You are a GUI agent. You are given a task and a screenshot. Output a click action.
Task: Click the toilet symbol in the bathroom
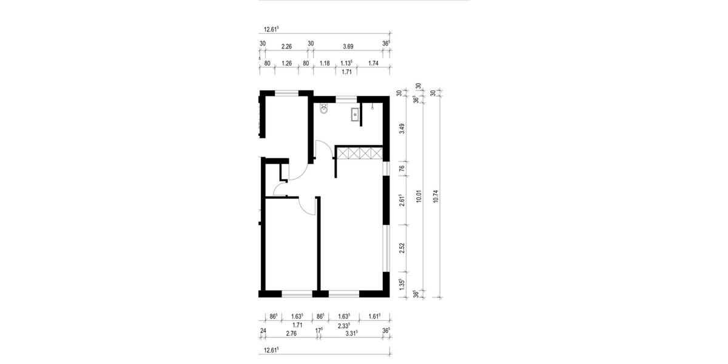click(x=325, y=111)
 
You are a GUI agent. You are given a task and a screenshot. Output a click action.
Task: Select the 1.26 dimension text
click(x=287, y=63)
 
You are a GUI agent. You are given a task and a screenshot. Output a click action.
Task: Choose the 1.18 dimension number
click(x=325, y=63)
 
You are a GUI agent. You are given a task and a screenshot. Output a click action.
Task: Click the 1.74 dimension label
click(x=374, y=63)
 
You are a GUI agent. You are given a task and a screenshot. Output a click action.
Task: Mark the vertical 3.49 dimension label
click(x=402, y=129)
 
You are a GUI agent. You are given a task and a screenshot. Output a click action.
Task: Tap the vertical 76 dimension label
click(x=402, y=169)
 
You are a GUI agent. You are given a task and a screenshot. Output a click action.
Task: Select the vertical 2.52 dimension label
click(x=402, y=249)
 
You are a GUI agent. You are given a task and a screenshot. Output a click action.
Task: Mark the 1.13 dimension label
click(x=346, y=63)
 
